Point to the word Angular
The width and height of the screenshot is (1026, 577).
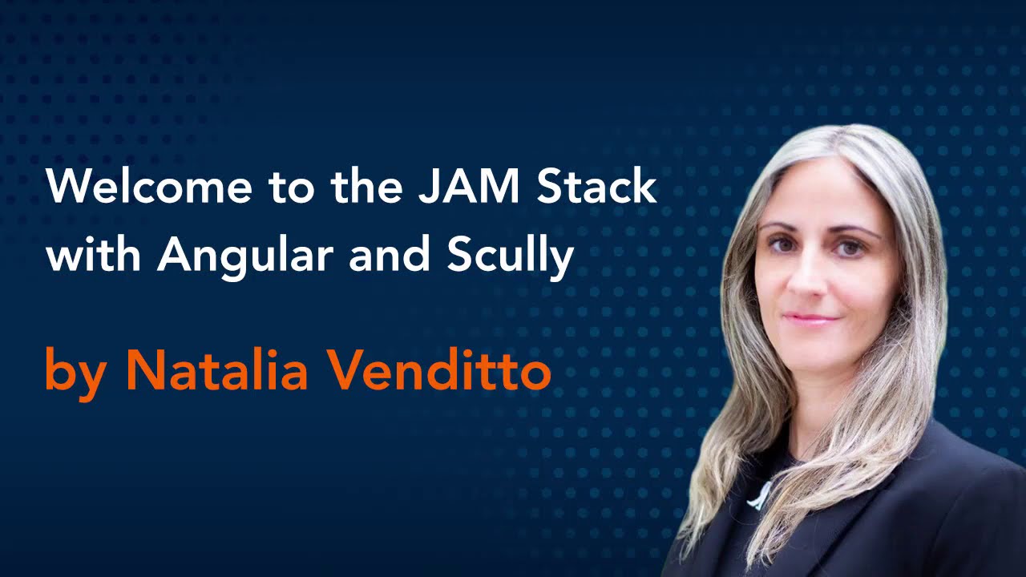(245, 257)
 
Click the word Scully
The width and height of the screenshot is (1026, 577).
(511, 257)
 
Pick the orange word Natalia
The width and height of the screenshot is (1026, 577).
(216, 372)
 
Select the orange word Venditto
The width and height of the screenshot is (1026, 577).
(440, 372)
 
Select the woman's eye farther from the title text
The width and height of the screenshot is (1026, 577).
(849, 248)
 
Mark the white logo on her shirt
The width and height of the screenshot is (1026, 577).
(758, 495)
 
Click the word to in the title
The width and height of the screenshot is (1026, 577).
(292, 188)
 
